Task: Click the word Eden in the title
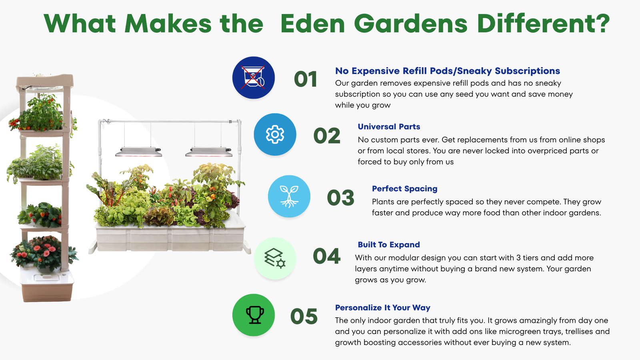pyautogui.click(x=313, y=24)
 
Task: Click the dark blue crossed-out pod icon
pyautogui.click(x=254, y=78)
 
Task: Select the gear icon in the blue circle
pyautogui.click(x=275, y=134)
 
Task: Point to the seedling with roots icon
pyautogui.click(x=289, y=196)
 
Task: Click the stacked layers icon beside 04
pyautogui.click(x=275, y=258)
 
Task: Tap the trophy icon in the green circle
pyautogui.click(x=255, y=315)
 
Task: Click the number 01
pyautogui.click(x=306, y=79)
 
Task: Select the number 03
pyautogui.click(x=340, y=198)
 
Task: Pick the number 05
pyautogui.click(x=304, y=316)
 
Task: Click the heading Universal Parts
pyautogui.click(x=389, y=126)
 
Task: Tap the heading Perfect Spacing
pyautogui.click(x=404, y=188)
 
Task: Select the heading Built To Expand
pyautogui.click(x=389, y=244)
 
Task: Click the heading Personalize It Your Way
pyautogui.click(x=382, y=308)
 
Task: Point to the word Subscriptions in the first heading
pyautogui.click(x=528, y=71)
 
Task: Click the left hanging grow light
pyautogui.click(x=138, y=152)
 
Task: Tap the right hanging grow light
pyautogui.click(x=208, y=152)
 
